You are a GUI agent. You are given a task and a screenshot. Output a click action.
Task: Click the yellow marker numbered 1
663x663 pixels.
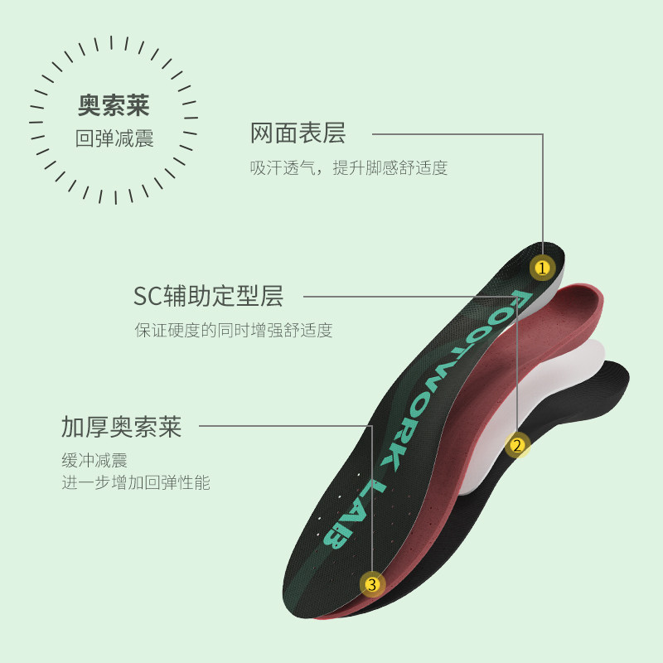click(542, 268)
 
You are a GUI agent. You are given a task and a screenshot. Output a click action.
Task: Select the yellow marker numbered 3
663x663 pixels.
click(372, 584)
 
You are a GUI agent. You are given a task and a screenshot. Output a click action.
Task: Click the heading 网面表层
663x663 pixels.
click(298, 133)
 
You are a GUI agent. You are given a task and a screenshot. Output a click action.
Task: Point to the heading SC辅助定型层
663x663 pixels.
click(208, 296)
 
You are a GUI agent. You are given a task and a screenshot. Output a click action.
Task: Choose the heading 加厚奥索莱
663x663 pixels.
click(121, 428)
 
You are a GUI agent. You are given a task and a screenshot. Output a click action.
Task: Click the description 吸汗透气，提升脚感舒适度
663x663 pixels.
click(349, 168)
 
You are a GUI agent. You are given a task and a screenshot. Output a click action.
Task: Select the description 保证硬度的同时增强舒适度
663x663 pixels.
click(234, 331)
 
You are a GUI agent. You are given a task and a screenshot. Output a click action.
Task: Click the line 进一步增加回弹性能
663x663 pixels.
click(136, 483)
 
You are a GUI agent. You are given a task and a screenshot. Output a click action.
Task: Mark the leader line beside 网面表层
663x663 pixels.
click(456, 133)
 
